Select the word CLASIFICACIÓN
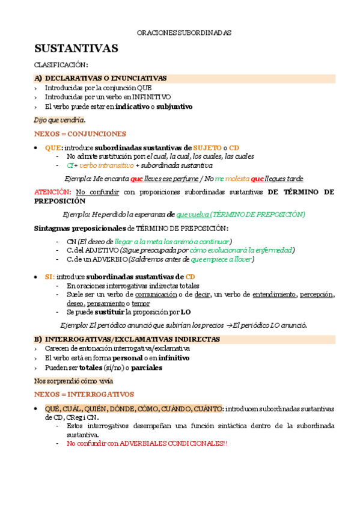pos(61,65)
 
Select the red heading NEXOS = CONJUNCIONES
pos(80,134)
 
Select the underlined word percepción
pos(317,295)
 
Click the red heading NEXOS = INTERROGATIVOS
pos(84,395)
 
